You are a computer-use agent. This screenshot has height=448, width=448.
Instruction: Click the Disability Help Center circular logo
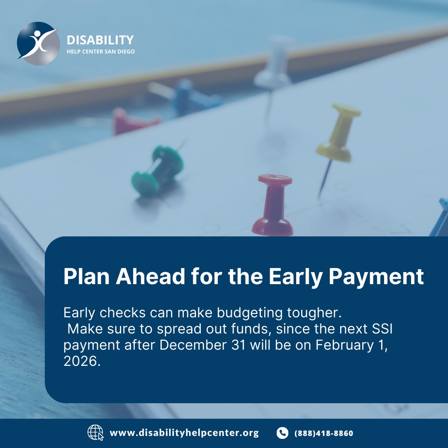tap(38, 44)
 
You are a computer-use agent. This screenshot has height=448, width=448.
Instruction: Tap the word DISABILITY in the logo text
tap(100, 40)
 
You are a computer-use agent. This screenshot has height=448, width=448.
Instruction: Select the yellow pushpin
tap(338, 134)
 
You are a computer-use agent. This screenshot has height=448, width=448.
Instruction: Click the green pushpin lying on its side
tap(158, 171)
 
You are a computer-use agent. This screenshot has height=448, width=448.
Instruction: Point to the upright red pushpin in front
tap(273, 205)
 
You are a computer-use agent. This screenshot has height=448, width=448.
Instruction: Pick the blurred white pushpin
tap(274, 63)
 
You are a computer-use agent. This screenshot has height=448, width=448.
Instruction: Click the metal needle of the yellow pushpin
tap(325, 178)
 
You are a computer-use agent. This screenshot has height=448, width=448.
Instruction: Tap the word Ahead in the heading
tap(150, 276)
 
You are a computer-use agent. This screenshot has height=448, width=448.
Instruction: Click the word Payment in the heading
tap(376, 277)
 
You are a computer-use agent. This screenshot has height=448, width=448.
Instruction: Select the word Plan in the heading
tap(87, 276)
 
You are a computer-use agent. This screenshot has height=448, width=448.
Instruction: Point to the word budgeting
tap(250, 313)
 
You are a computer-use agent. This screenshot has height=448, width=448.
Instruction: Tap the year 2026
tap(82, 361)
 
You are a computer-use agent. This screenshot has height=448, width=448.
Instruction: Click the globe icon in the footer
tap(95, 433)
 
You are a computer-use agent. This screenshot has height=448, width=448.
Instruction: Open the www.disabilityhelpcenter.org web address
tap(184, 433)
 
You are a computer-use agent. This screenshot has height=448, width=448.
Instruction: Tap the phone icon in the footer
tap(282, 433)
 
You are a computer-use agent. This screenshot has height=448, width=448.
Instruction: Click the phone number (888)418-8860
tap(324, 433)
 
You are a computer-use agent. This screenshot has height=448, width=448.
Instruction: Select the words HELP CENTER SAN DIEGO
tap(100, 52)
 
